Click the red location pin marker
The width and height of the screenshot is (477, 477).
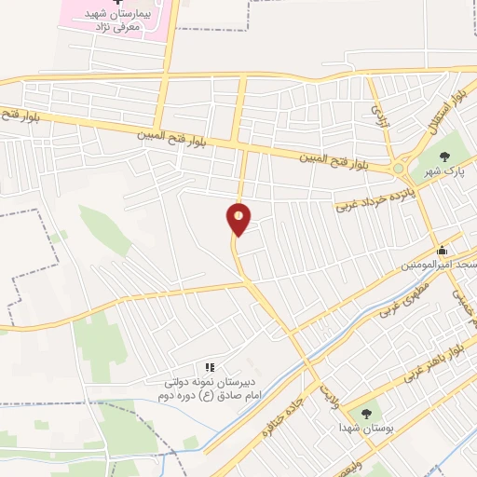coord(239,218)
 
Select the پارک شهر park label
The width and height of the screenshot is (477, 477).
coord(443,172)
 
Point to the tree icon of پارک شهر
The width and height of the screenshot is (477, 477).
coord(443,154)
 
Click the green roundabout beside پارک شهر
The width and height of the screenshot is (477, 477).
coord(399,169)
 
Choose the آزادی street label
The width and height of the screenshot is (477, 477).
coord(378,114)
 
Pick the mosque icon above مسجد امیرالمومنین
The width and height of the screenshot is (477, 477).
coord(443,250)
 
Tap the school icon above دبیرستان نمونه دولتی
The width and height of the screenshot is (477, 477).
coord(210,368)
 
